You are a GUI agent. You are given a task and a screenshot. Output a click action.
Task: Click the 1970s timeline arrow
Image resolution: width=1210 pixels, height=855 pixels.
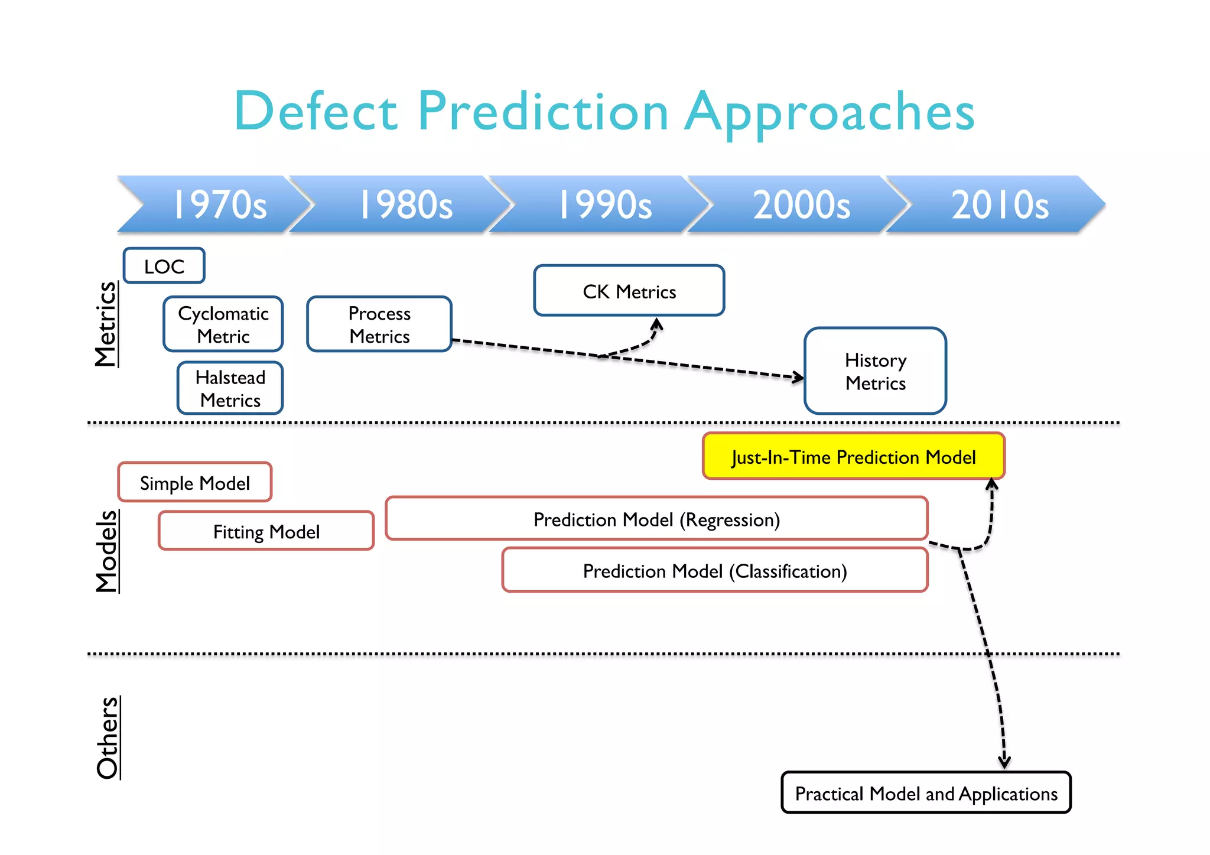[219, 204]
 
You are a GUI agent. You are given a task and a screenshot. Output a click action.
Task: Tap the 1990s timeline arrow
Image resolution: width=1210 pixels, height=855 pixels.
[604, 204]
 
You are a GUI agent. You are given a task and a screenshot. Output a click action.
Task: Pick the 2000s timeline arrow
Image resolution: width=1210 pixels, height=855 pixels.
[802, 204]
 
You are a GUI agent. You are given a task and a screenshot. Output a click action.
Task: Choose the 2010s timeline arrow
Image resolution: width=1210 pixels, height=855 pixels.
[1000, 204]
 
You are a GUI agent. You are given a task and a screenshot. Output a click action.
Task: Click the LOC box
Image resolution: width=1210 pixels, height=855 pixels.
[164, 266]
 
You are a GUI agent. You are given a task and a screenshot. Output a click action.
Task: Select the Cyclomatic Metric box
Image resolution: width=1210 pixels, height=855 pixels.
[223, 324]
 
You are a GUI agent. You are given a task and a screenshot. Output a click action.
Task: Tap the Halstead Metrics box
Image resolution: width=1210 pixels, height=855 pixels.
[230, 388]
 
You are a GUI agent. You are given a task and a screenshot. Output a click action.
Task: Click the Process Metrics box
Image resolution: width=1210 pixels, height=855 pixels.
[379, 324]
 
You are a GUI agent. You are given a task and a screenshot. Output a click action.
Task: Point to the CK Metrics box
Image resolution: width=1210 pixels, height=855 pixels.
[629, 291]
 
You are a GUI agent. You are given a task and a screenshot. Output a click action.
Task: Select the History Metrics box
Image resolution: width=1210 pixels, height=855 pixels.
[875, 371]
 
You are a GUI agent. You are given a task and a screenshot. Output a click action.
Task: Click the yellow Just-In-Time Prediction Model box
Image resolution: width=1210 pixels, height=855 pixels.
[853, 457]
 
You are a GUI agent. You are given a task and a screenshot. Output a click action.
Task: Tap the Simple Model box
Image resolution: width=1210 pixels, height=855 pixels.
[195, 483]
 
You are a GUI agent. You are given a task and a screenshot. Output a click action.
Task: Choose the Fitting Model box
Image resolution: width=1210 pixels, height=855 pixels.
[266, 531]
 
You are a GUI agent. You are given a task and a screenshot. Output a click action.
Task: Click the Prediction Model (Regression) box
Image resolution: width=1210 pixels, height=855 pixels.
[656, 519]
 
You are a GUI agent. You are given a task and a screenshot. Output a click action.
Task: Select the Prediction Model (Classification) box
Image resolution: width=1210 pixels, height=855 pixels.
[715, 571]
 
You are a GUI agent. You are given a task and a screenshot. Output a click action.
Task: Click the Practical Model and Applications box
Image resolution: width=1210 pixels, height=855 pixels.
[926, 793]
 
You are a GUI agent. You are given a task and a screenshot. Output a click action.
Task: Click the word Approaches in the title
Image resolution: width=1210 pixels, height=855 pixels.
[830, 112]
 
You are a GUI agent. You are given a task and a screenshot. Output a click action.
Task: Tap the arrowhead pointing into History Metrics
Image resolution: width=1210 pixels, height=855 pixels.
[798, 377]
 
